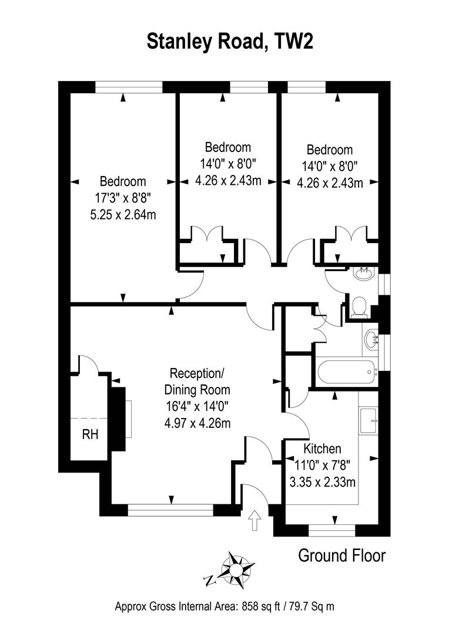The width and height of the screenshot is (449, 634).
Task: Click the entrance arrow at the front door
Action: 254,520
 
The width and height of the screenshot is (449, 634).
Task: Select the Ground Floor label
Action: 342,555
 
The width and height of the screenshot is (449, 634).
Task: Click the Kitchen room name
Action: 322,449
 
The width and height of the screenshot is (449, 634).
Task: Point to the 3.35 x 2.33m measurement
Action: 323,483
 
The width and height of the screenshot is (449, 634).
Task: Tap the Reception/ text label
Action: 197,373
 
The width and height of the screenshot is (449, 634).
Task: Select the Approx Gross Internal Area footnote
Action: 224,606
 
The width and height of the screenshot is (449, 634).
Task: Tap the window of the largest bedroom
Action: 129,87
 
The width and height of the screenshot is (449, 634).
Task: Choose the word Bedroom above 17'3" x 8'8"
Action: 122,181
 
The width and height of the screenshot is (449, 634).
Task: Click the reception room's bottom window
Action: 170,511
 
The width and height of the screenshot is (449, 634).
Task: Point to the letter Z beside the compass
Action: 209,581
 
